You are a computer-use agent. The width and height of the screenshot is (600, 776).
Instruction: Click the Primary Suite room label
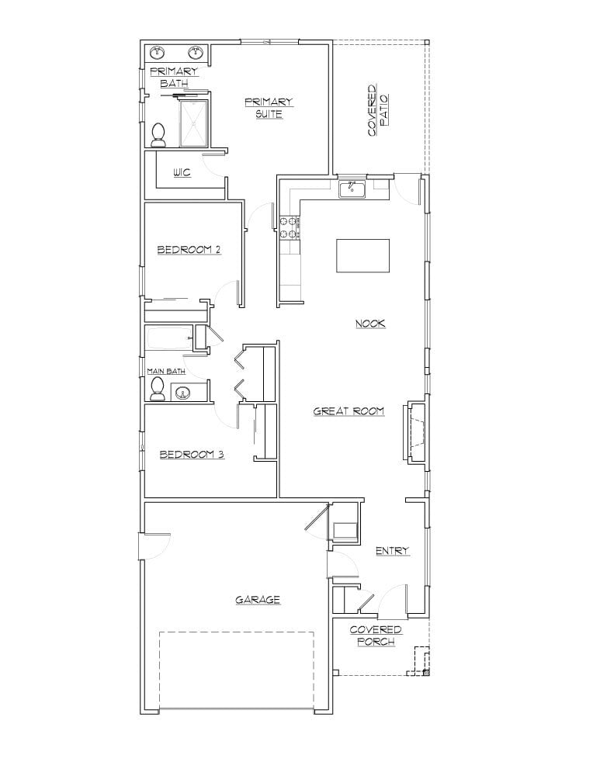pyautogui.click(x=269, y=108)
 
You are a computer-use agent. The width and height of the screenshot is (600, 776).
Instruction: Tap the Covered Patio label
pyautogui.click(x=377, y=111)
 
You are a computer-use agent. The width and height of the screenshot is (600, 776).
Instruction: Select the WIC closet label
pyautogui.click(x=182, y=172)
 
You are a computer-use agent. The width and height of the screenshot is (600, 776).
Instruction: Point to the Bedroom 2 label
pyautogui.click(x=189, y=250)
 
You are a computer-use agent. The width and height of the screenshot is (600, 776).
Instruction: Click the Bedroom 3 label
pyautogui.click(x=192, y=455)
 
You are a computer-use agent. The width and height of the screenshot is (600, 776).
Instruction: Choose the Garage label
pyautogui.click(x=258, y=600)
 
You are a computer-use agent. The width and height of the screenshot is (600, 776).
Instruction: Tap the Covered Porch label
pyautogui.click(x=376, y=636)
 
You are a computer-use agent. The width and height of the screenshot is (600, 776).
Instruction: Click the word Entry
pyautogui.click(x=392, y=551)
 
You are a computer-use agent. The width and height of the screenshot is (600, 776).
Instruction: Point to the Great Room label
pyautogui.click(x=349, y=411)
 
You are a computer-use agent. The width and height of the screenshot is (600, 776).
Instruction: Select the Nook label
pyautogui.click(x=370, y=324)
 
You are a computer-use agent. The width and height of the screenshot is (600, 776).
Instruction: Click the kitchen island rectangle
pyautogui.click(x=362, y=256)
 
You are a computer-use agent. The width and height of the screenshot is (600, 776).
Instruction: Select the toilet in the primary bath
pyautogui.click(x=159, y=135)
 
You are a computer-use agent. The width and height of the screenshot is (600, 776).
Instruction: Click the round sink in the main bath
pyautogui.click(x=184, y=393)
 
